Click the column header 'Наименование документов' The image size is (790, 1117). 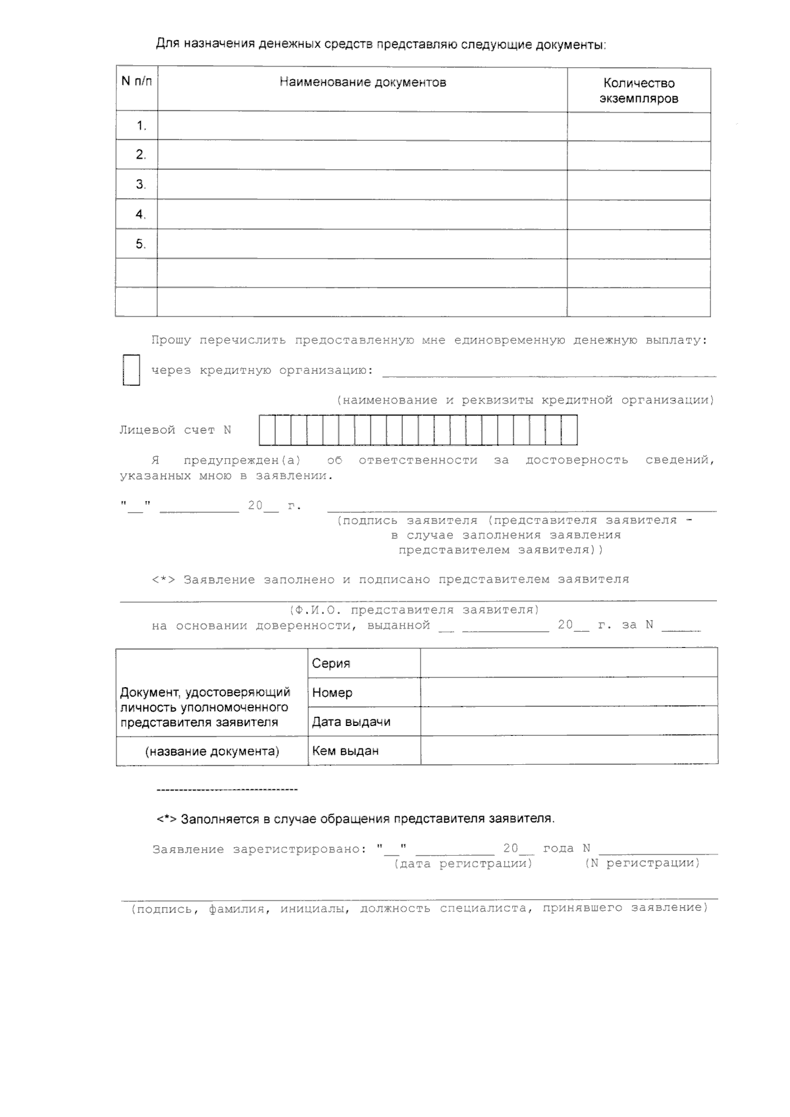(363, 83)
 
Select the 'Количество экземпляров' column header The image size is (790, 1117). (639, 91)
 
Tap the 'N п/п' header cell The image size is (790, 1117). (136, 82)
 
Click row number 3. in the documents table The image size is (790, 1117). (140, 185)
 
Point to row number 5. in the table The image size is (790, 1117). (140, 244)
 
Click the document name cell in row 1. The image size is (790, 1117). (362, 126)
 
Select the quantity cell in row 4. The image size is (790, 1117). (639, 215)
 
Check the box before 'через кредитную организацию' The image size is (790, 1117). (132, 370)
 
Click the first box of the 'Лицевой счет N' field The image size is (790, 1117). (267, 430)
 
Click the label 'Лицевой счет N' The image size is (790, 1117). (175, 430)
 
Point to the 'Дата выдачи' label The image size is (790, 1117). (351, 722)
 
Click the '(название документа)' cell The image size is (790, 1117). (212, 752)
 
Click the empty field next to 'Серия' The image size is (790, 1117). (569, 663)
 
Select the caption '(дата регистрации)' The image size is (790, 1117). (463, 864)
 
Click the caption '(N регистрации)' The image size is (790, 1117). (642, 864)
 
